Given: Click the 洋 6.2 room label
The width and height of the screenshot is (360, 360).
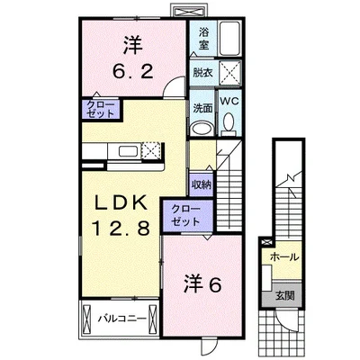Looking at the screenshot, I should tap(130, 55).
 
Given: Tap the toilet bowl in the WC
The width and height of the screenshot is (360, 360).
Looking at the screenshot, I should tap(228, 122).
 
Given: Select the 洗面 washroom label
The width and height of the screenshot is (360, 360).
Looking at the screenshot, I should tap(202, 110).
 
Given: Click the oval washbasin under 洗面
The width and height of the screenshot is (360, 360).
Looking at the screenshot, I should tap(202, 128).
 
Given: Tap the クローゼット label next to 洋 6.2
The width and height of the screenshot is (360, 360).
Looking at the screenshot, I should tap(99, 110).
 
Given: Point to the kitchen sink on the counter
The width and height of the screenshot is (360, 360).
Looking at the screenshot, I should tap(124, 151).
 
